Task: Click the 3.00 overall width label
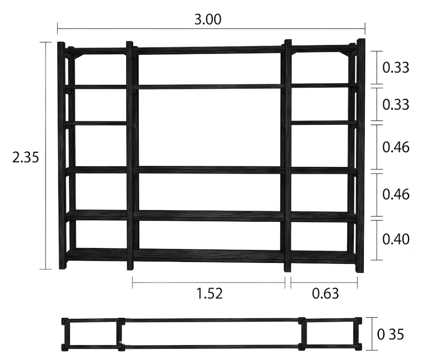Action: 208,19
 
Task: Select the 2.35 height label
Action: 26,157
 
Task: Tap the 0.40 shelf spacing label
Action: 396,239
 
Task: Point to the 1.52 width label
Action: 210,294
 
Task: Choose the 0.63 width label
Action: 325,294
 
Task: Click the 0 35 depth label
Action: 390,335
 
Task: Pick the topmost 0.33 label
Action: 396,67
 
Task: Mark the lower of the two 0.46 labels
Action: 396,195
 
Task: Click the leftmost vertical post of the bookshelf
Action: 62,155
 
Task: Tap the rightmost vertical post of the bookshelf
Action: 360,156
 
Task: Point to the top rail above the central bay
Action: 209,50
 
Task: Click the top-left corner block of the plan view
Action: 65,321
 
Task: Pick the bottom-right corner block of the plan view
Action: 358,347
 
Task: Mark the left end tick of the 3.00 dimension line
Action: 58,29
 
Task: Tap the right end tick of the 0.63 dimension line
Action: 357,283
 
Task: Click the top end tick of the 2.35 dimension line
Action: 46,42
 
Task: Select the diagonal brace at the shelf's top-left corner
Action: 78,57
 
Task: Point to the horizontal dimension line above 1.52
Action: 209,283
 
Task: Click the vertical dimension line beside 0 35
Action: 372,334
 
